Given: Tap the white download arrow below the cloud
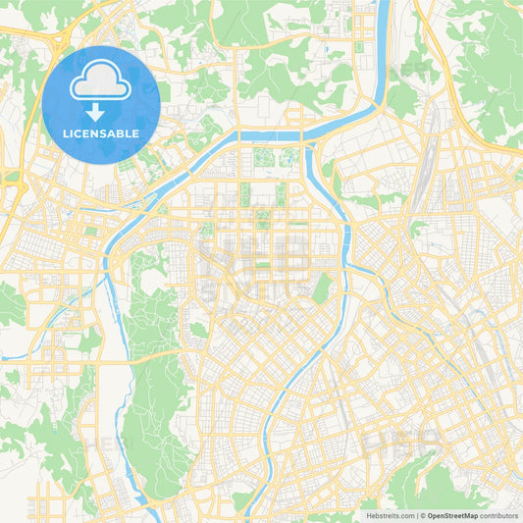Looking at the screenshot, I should pyautogui.click(x=101, y=113).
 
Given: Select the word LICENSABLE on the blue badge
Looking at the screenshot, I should pyautogui.click(x=101, y=133).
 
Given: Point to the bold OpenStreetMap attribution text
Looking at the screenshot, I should pyautogui.click(x=451, y=514).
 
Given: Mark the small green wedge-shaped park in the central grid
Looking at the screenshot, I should pyautogui.click(x=321, y=288).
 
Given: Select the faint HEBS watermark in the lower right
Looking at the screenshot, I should pyautogui.click(x=392, y=442).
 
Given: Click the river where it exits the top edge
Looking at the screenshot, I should pyautogui.click(x=382, y=8).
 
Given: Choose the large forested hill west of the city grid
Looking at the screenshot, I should pyautogui.click(x=157, y=412).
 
